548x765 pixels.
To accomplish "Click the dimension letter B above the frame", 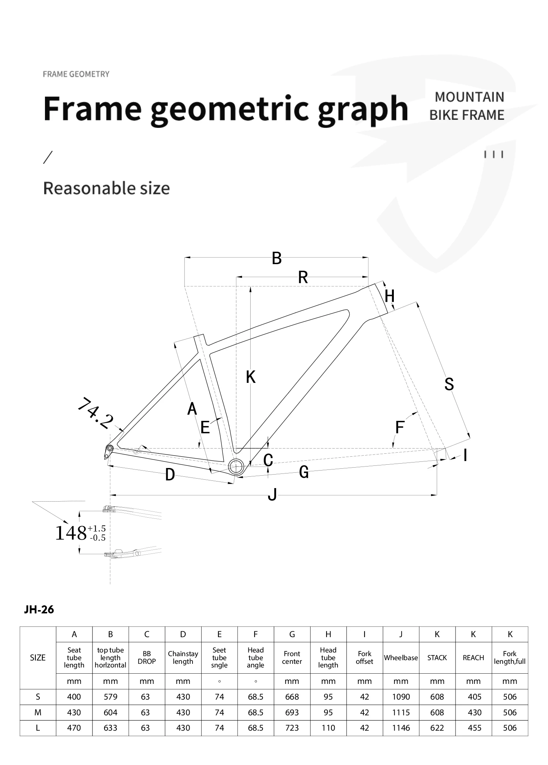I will click(277, 258).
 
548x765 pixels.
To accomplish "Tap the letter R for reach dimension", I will click(302, 277).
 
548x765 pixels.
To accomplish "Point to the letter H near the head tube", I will click(389, 296).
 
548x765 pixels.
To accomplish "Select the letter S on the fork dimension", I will click(449, 384).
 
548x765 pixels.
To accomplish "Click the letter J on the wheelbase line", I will click(272, 495).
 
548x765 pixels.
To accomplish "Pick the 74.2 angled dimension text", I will click(95, 413).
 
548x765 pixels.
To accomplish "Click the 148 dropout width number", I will click(71, 533).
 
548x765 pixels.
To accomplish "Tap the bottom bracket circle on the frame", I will click(236, 466).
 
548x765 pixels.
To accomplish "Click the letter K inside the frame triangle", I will click(251, 377).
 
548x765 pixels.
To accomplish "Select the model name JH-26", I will click(39, 610).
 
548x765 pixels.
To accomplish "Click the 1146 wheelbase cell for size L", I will click(401, 728).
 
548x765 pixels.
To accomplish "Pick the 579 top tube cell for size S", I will click(110, 697).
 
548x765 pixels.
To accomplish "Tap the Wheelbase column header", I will click(401, 658).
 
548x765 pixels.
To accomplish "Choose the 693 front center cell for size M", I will click(292, 712).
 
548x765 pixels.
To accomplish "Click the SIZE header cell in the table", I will click(38, 658).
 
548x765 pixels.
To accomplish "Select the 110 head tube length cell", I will click(328, 728).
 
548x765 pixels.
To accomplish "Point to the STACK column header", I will click(437, 658).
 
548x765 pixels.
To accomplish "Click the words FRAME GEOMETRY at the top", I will click(76, 74).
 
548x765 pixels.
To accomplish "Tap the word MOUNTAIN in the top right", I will click(469, 97).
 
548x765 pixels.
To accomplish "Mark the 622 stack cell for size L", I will click(437, 728).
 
